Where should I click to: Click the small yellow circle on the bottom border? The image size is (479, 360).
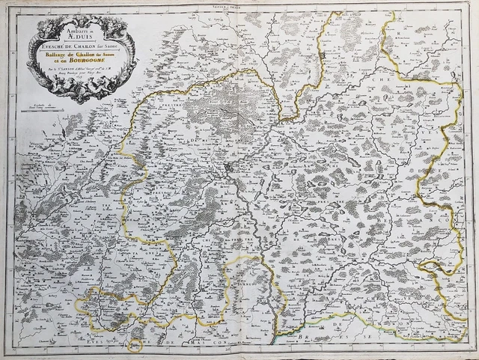(135, 346)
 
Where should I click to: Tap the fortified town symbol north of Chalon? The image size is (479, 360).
(322, 56)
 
